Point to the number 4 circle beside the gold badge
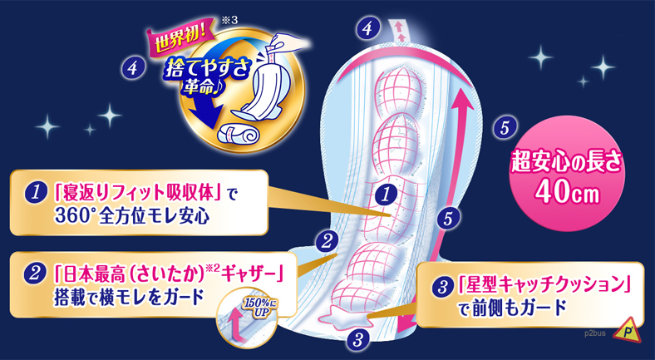[x=133, y=67]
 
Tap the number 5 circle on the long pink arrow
[x=448, y=219]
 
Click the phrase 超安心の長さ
[x=566, y=164]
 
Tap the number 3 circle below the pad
[x=357, y=340]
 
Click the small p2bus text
[x=593, y=333]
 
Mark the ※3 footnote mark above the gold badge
[x=229, y=21]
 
